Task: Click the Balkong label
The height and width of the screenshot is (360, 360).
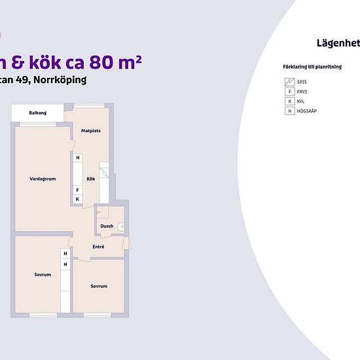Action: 37,113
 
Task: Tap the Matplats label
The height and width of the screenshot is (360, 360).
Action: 90,131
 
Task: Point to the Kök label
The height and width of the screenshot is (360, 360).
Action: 91,179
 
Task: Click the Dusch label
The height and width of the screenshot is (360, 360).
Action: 107,226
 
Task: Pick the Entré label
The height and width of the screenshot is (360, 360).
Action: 98,247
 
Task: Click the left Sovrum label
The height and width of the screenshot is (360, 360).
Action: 43,274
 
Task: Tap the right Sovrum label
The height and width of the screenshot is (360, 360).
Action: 99,286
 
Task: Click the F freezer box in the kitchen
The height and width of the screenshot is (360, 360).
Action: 77,190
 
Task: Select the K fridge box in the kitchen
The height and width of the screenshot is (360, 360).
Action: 77,199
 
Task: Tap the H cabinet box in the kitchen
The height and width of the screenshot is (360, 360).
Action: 77,158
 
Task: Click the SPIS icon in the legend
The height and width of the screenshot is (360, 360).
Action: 289,82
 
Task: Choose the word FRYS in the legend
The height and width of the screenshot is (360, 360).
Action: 302,92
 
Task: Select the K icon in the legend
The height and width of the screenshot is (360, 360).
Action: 289,101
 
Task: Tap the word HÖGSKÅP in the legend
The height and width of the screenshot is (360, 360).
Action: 307,111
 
